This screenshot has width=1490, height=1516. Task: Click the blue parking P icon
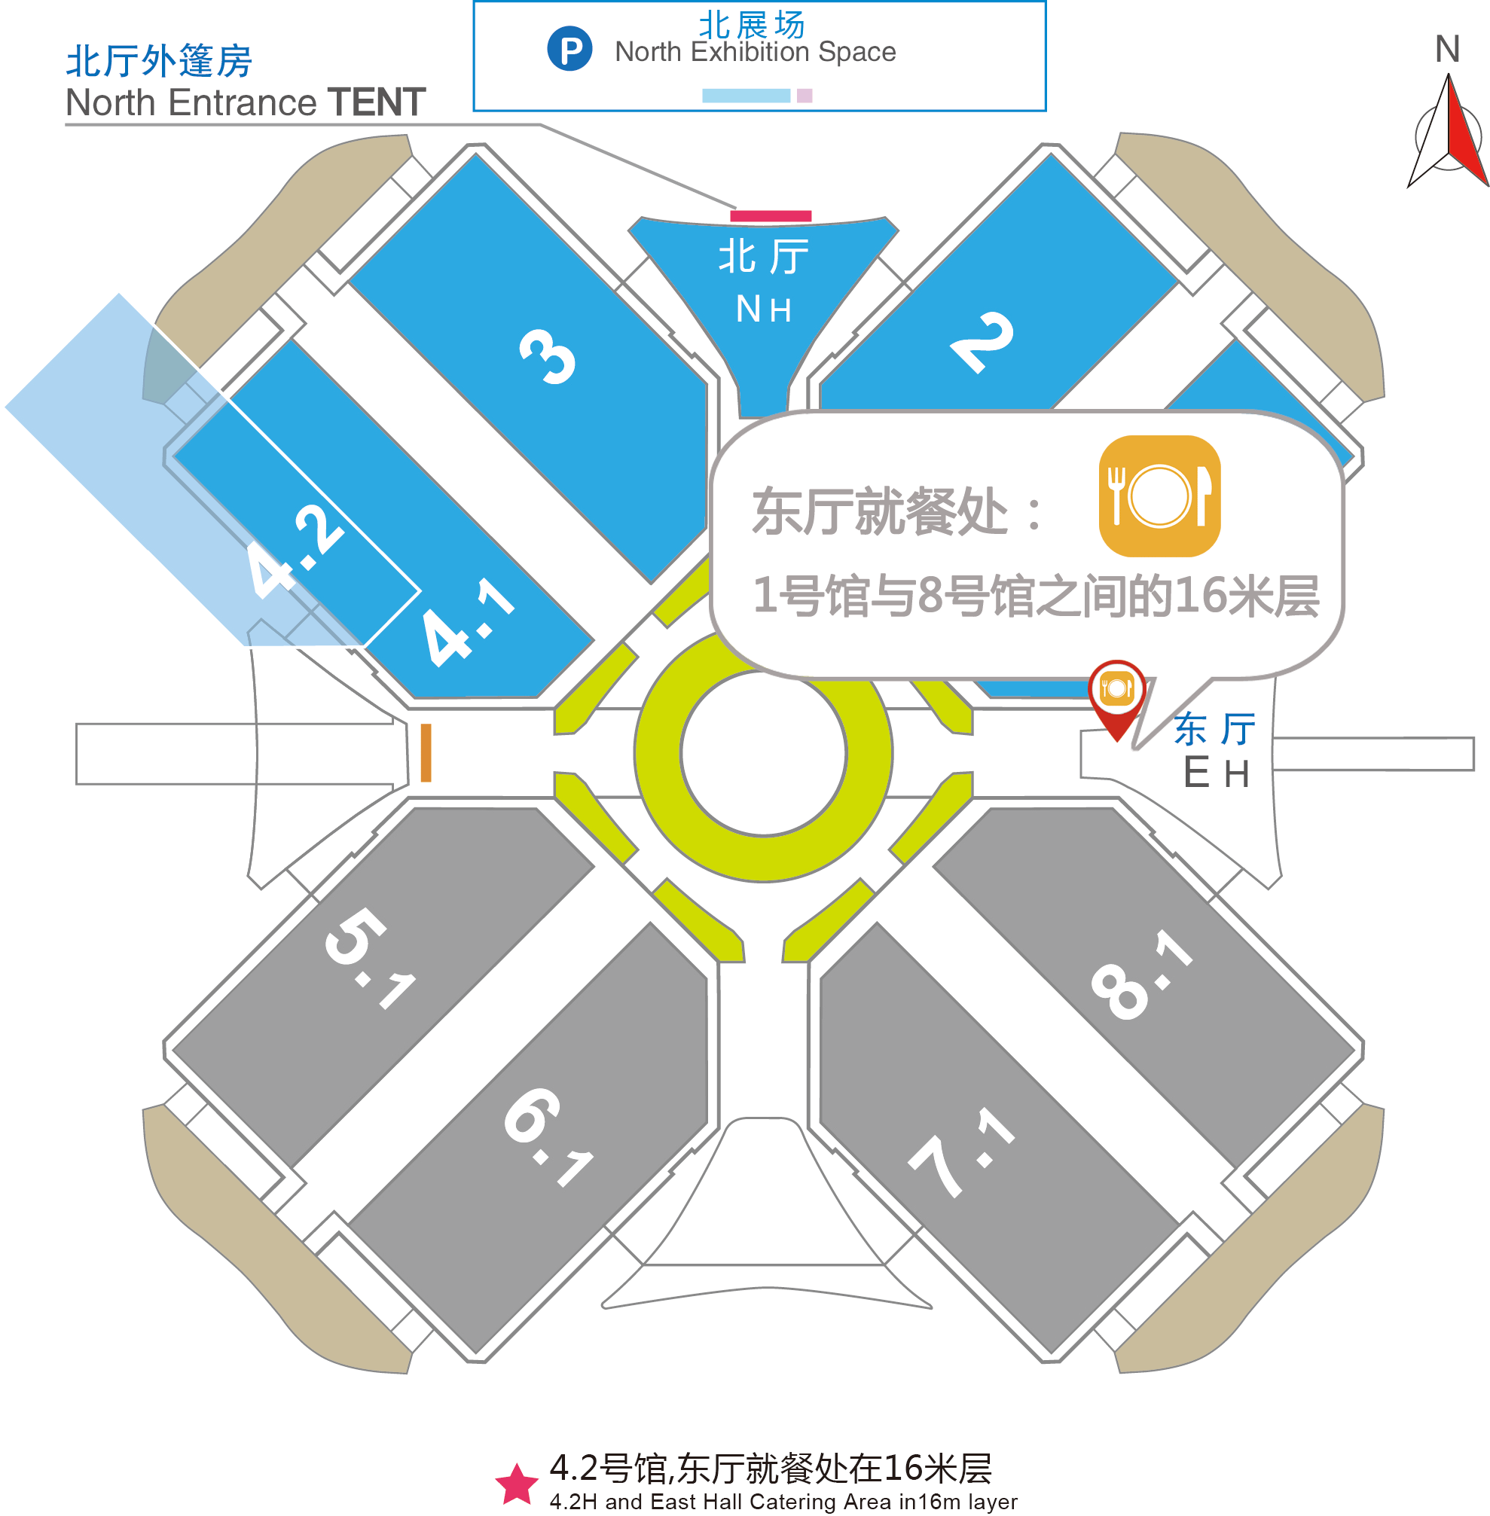pos(569,48)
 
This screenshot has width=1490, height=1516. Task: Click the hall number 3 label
pos(548,357)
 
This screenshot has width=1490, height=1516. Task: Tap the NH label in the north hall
pos(764,310)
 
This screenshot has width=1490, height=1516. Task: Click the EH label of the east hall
pos(1215,772)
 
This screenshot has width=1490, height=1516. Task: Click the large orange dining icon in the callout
pos(1159,496)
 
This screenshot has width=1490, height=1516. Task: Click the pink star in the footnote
pos(517,1484)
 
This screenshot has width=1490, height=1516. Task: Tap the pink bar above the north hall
pos(770,216)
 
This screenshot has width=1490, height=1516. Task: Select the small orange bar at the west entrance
pos(426,752)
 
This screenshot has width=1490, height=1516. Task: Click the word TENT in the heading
pos(377,102)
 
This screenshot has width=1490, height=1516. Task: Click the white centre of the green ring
pos(764,752)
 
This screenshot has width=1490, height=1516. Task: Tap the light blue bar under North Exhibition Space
pos(746,96)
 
